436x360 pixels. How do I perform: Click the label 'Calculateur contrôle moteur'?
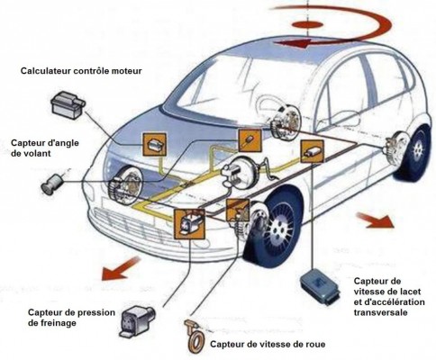point(81,71)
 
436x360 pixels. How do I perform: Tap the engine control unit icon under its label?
point(68,105)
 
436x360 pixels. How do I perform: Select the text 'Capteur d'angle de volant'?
point(45,148)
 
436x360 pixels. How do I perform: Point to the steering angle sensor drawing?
point(52,184)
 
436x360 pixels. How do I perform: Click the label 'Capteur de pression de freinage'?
point(71,318)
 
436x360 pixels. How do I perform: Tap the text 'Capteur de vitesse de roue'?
point(268,344)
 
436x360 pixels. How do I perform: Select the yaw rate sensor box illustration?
point(320,286)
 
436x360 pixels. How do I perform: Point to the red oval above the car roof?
point(307,24)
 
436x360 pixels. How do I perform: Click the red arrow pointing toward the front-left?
point(120,268)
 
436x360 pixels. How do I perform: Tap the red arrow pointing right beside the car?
point(374,220)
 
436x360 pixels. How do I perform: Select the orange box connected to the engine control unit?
point(154,145)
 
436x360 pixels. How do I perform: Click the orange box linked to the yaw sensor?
point(313,151)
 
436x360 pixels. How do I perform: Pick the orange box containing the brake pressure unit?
point(189,224)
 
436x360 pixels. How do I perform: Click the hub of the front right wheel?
point(276,229)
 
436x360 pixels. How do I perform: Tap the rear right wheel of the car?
point(415,153)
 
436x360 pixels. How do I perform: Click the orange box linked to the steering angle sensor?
point(250,140)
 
